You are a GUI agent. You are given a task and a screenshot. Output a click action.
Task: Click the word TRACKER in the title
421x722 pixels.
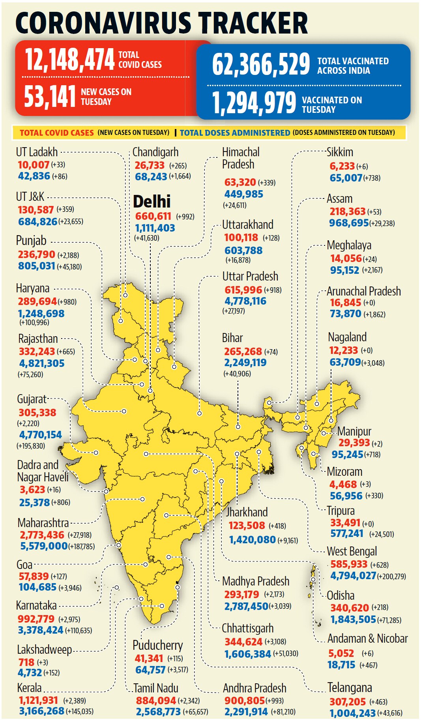click(253, 23)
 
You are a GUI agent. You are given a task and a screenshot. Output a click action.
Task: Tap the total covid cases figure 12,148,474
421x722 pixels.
click(70, 60)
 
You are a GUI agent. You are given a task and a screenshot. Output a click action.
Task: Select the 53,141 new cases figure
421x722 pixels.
click(50, 97)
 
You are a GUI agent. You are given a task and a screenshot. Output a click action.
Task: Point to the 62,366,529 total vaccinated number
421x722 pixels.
click(261, 64)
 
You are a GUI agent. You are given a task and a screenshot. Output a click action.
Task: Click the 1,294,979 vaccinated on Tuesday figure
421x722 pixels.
click(254, 103)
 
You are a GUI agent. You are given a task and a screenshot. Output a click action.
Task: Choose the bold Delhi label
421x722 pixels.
click(152, 202)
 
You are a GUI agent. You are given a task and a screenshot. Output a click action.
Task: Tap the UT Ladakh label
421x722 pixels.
click(37, 152)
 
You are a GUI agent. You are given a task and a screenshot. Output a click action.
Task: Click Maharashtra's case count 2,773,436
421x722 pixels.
click(42, 535)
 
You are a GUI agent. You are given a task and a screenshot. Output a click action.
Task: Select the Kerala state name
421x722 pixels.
click(29, 688)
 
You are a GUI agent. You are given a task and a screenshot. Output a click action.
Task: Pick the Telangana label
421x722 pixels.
click(350, 688)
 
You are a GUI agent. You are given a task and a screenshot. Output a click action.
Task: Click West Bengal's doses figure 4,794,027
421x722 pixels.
click(353, 576)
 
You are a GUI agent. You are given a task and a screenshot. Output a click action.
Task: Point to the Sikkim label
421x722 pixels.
click(340, 152)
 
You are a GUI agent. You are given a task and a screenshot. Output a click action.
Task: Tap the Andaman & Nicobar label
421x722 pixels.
click(368, 638)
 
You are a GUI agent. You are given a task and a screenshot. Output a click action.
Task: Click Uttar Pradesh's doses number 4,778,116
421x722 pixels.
click(245, 301)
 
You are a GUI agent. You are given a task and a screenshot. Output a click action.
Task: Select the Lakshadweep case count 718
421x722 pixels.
click(26, 662)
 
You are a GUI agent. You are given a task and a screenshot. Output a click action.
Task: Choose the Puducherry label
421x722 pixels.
click(158, 645)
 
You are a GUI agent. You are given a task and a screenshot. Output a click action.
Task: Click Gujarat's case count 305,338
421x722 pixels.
click(37, 413)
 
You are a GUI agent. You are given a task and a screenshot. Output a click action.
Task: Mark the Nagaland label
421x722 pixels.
click(347, 337)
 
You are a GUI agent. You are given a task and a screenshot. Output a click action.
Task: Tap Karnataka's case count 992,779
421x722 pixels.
click(36, 619)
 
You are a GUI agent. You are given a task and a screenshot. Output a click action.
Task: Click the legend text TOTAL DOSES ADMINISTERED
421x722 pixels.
click(235, 133)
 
